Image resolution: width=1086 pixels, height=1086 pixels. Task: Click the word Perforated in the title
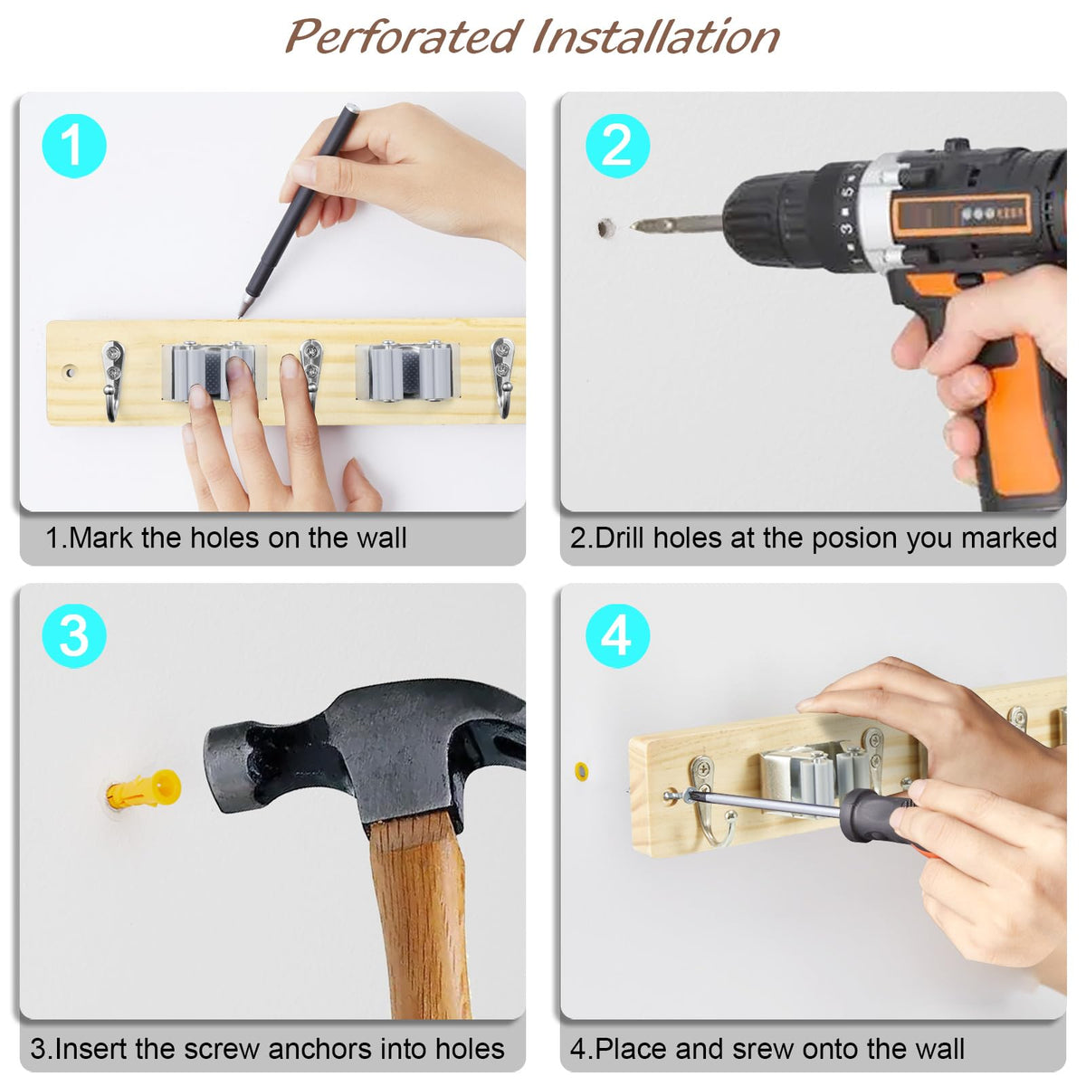pyautogui.click(x=402, y=37)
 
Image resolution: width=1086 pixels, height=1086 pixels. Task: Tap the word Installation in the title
pyautogui.click(x=656, y=37)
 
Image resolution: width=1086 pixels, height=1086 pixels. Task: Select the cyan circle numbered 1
pyautogui.click(x=74, y=146)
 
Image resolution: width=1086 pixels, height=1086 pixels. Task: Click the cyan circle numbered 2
pyautogui.click(x=618, y=146)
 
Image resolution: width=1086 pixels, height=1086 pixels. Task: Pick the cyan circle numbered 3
pyautogui.click(x=74, y=636)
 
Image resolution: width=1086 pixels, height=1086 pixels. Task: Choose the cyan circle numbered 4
pyautogui.click(x=618, y=636)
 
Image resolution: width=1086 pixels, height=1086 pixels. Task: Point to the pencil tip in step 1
pyautogui.click(x=241, y=315)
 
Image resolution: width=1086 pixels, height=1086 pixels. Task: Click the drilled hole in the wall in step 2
pyautogui.click(x=605, y=228)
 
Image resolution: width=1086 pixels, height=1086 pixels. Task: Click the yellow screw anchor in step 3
pyautogui.click(x=144, y=789)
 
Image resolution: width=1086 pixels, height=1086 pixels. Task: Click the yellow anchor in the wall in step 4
pyautogui.click(x=581, y=770)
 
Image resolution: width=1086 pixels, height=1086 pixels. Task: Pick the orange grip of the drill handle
pyautogui.click(x=1020, y=417)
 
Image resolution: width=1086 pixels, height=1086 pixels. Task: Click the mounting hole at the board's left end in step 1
pyautogui.click(x=70, y=372)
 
